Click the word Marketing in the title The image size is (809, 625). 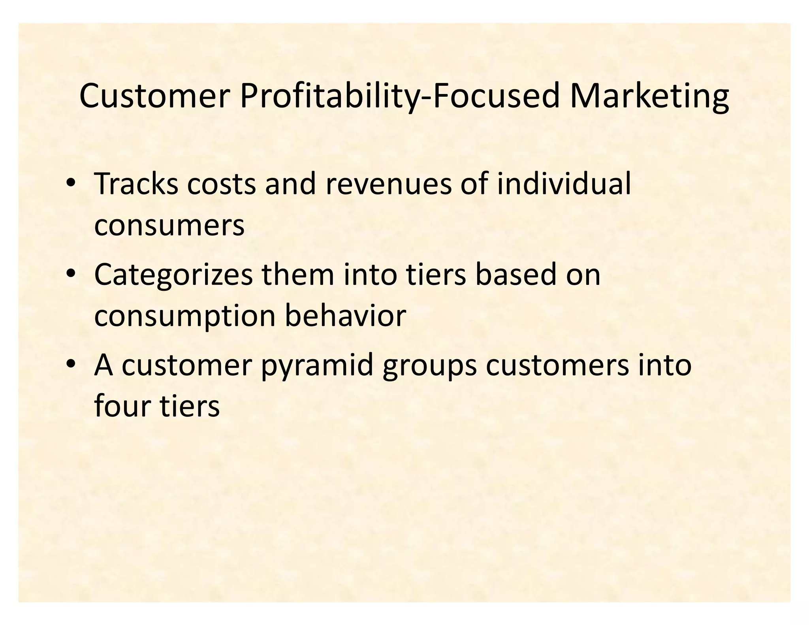tap(649, 97)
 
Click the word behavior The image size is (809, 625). tap(345, 316)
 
